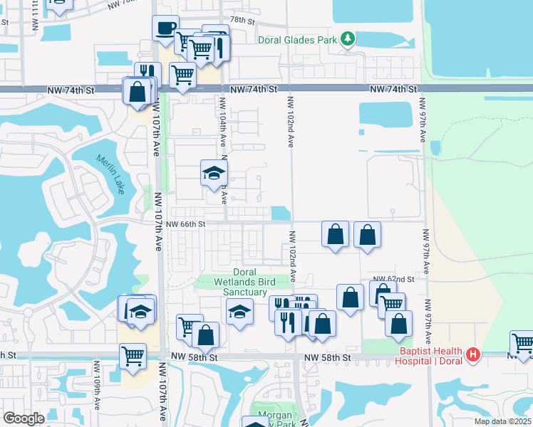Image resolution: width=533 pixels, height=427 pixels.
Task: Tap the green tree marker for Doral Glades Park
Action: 347,38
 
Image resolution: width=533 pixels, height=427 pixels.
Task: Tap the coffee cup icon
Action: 166,28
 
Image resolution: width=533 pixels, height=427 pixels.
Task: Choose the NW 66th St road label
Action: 185,223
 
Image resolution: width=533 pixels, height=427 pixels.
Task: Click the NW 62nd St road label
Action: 394,279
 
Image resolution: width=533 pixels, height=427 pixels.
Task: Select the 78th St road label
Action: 242,21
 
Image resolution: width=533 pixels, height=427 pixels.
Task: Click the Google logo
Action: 24,418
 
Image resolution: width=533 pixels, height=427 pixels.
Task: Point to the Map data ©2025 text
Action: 502,421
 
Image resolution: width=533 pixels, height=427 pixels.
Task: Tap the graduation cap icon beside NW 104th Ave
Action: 213,172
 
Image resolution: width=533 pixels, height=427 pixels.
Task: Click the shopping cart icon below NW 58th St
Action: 133,355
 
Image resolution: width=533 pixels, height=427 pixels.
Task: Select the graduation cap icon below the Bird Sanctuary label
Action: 239,311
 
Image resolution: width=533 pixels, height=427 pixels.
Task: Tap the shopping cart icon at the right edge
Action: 522,343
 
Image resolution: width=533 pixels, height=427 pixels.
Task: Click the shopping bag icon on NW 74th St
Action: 136,91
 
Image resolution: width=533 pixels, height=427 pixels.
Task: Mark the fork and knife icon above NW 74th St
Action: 147,73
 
